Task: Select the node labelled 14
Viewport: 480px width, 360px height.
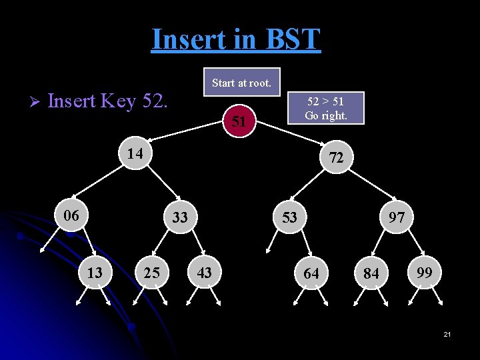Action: pyautogui.click(x=135, y=153)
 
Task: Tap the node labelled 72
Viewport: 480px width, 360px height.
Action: pyautogui.click(x=336, y=157)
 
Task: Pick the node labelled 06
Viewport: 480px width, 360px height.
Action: pyautogui.click(x=71, y=215)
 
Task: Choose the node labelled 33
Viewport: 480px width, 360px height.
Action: pyautogui.click(x=179, y=217)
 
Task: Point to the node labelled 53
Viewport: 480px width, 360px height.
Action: pyautogui.click(x=289, y=217)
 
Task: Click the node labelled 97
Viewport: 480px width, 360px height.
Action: pyautogui.click(x=397, y=217)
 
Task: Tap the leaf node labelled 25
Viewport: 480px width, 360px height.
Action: pyautogui.click(x=152, y=273)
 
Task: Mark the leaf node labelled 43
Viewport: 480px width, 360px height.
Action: pyautogui.click(x=204, y=272)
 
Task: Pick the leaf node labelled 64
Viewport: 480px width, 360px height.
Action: pyautogui.click(x=311, y=273)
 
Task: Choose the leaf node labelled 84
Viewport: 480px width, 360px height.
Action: pyautogui.click(x=371, y=274)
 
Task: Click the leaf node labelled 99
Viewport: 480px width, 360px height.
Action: pyautogui.click(x=423, y=272)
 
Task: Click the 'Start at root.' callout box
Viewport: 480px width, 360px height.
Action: pyautogui.click(x=241, y=83)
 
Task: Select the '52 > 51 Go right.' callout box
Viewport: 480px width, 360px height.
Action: pyautogui.click(x=325, y=108)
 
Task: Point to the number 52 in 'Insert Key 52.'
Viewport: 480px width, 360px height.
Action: pyautogui.click(x=155, y=101)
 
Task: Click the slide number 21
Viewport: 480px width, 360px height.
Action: pyautogui.click(x=447, y=333)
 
